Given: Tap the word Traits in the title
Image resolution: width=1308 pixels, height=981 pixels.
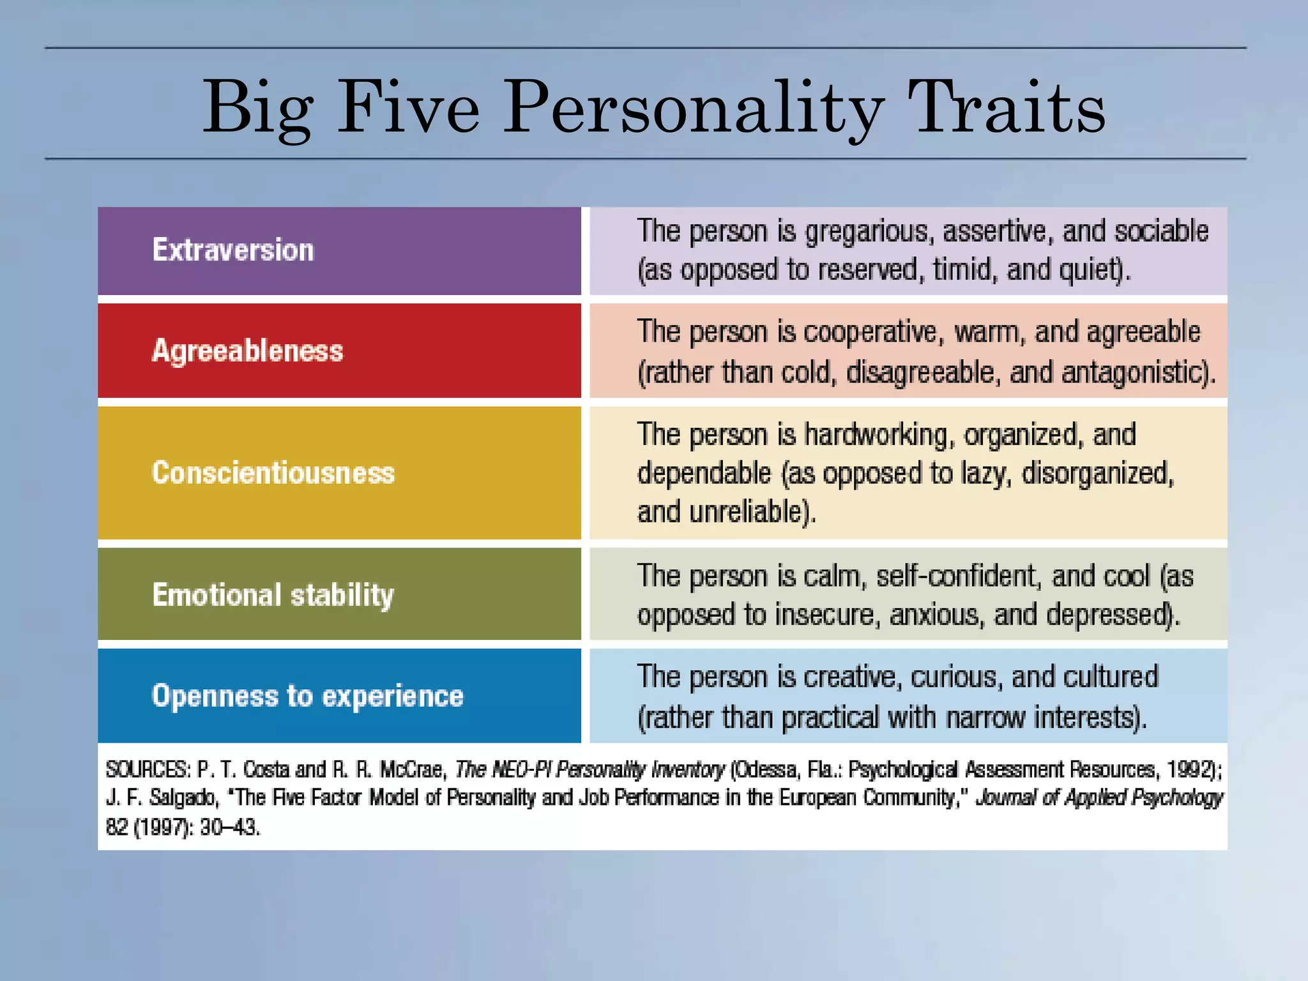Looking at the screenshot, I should click(1007, 107).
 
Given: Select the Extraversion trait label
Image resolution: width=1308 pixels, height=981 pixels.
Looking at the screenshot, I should click(233, 250).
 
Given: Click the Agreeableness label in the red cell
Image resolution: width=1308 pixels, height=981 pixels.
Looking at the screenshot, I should click(247, 351).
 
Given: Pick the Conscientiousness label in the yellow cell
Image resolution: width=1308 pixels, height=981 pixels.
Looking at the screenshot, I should click(273, 473).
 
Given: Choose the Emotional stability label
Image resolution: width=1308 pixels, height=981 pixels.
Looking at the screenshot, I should click(273, 595).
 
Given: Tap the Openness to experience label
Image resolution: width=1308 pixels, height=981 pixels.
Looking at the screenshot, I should click(307, 696).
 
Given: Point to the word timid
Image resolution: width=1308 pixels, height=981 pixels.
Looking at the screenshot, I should click(963, 270).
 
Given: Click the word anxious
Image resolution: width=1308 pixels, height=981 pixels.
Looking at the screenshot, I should click(937, 614).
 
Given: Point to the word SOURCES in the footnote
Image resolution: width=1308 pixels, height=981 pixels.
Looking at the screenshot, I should click(148, 770).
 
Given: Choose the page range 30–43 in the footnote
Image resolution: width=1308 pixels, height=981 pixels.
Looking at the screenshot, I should click(229, 828).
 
